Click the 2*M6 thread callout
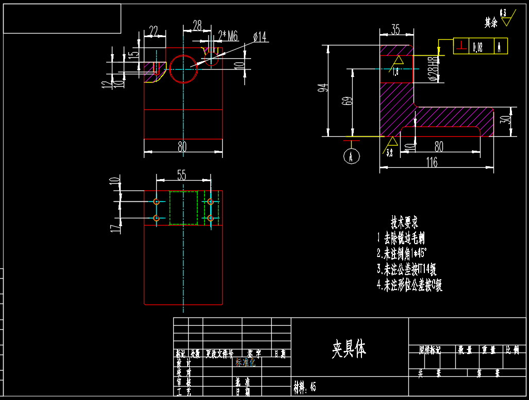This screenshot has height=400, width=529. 228,36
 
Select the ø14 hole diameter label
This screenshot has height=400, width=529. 259,37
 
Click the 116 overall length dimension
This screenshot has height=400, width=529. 432,162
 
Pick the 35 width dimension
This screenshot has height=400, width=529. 395,30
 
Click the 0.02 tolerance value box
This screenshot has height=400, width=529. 478,47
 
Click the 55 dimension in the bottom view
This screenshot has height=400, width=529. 182,175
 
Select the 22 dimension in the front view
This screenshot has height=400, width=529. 153,31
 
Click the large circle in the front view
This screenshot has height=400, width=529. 184,69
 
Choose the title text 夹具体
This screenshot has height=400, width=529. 349,349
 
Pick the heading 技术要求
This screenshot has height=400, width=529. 404,222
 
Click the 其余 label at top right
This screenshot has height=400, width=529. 491,22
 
